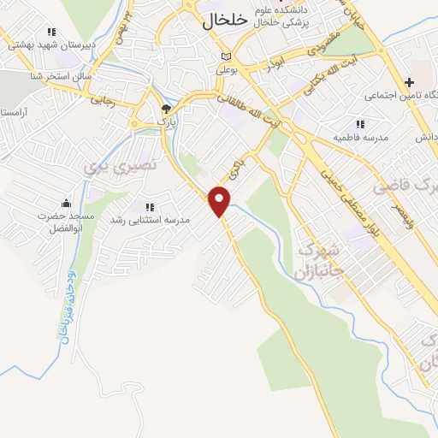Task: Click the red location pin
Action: (x=220, y=201)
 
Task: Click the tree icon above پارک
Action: (x=167, y=109)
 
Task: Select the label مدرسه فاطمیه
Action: (x=361, y=137)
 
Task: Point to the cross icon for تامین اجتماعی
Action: (x=410, y=83)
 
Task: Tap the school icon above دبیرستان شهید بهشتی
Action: (x=51, y=31)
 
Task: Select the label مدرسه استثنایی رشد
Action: (x=150, y=220)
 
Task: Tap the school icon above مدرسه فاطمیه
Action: (x=359, y=123)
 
